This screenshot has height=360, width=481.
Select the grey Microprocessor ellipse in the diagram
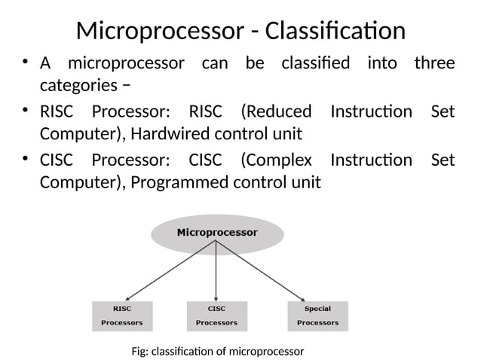pos(216,233)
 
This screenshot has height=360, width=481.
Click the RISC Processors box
pos(121,316)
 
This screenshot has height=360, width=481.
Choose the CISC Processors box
pos(216,316)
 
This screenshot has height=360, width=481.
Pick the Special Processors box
pos(317,316)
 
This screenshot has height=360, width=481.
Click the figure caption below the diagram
pos(217,351)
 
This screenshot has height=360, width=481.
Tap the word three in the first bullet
pos(434,63)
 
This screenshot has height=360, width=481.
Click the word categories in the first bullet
pos(78,84)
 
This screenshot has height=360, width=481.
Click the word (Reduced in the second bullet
pos(275,112)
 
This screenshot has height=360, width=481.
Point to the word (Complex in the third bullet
pos(275,160)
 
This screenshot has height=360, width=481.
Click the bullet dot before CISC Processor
pos(25,160)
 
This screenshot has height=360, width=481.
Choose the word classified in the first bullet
pos(315,63)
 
